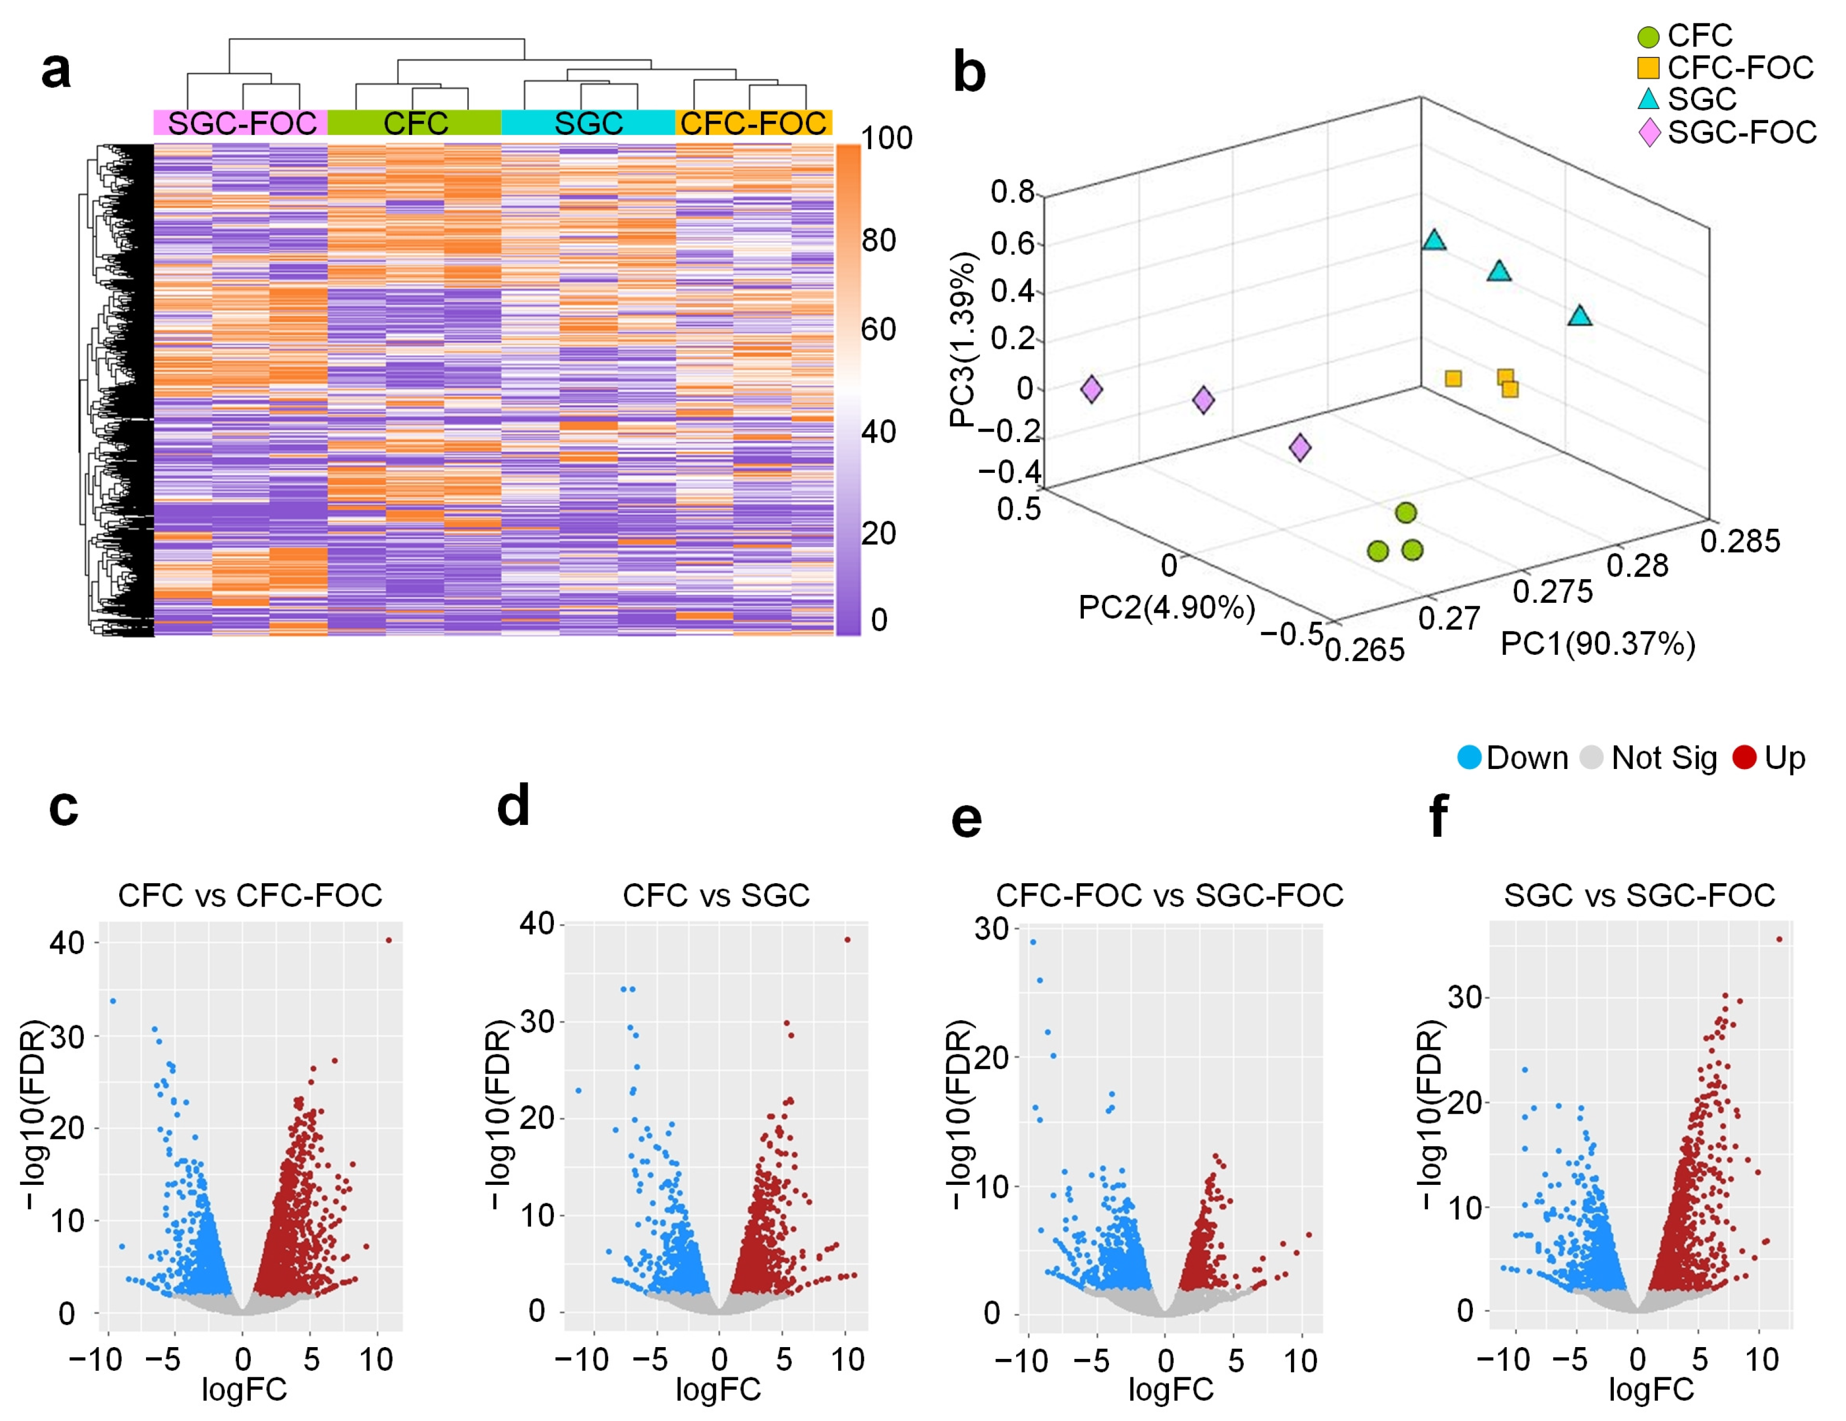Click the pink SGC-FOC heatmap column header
tap(241, 123)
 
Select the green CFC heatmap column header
tap(415, 123)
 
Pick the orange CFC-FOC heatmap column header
tap(754, 123)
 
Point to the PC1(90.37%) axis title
tap(1598, 644)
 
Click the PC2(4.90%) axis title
tap(1167, 607)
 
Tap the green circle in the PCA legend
tap(1648, 37)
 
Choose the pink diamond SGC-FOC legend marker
tap(1649, 133)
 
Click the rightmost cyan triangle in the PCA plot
tap(1580, 315)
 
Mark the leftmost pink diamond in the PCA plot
tap(1091, 389)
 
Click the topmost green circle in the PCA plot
tap(1406, 512)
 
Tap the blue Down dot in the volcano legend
tap(1470, 757)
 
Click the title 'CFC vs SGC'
tap(716, 895)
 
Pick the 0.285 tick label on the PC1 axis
tap(1740, 541)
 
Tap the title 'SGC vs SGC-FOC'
tap(1640, 895)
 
